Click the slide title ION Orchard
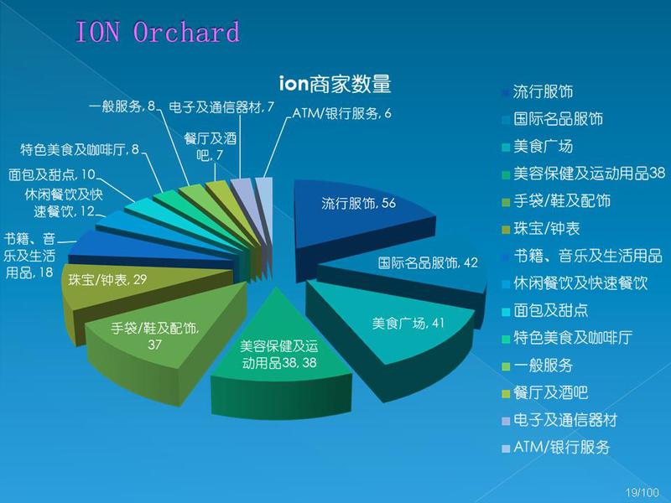point(157,32)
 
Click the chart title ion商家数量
point(335,83)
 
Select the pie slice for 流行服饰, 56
point(360,214)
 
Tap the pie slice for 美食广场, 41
point(398,329)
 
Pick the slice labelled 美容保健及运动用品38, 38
point(279,360)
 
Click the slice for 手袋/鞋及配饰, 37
point(159,338)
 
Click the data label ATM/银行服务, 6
point(341,113)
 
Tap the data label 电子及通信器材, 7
point(221,107)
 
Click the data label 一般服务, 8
point(122,106)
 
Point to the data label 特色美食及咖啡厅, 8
point(80,149)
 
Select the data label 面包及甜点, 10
point(52,174)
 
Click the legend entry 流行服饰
point(538,91)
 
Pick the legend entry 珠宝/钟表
point(541,228)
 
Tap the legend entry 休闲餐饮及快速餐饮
point(575,283)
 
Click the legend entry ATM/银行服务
point(556,447)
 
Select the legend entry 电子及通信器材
point(559,420)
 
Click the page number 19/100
point(642,492)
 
